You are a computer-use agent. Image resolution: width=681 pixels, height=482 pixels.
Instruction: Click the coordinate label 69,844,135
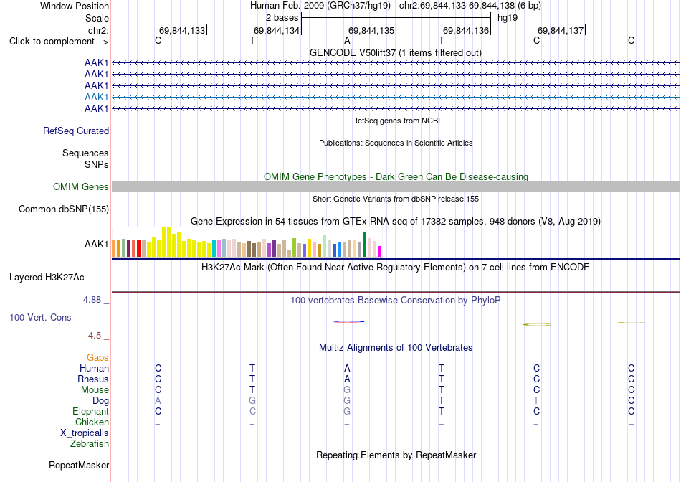tap(371, 30)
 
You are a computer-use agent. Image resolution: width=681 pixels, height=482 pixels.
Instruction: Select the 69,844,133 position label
tap(182, 30)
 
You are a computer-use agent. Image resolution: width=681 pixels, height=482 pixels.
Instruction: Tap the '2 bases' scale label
tap(282, 18)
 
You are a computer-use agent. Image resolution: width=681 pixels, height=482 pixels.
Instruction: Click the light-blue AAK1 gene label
tap(97, 97)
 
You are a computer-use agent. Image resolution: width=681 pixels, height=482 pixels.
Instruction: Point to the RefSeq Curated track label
tap(76, 131)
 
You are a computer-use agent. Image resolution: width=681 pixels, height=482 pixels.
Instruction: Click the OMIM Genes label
tap(81, 187)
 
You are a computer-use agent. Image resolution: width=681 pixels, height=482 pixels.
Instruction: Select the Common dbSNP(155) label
tap(64, 209)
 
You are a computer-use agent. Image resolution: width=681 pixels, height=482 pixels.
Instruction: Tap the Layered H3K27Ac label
tap(47, 278)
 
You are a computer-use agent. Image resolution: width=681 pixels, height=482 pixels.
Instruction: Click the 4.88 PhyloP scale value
tap(92, 300)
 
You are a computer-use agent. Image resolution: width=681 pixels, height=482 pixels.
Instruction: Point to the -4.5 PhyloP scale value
tap(93, 336)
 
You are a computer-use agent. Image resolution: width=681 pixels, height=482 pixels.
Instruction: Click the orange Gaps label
tap(97, 357)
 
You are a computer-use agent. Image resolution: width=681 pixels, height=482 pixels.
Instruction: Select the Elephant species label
tap(91, 411)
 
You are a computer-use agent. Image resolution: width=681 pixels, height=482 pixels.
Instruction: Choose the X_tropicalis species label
tap(85, 433)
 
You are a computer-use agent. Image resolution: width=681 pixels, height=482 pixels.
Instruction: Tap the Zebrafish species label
tap(90, 444)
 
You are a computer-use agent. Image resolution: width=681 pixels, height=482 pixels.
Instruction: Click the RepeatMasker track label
tap(79, 465)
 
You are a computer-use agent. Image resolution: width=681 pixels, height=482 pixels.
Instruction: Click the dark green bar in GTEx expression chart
tap(364, 245)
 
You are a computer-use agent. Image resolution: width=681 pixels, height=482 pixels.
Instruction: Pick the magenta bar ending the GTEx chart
tap(380, 252)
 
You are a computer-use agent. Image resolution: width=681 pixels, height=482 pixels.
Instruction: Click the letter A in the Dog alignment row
tap(158, 401)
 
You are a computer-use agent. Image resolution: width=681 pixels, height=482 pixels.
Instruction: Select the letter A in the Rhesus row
tap(347, 379)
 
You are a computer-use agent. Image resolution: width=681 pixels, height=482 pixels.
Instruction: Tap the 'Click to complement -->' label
tap(59, 42)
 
